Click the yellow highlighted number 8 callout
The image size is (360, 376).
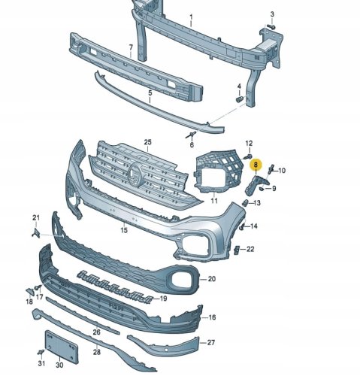click(x=256, y=165)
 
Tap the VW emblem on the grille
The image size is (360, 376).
click(x=135, y=174)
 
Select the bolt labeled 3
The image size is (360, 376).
click(x=271, y=26)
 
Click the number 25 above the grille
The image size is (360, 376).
click(x=148, y=142)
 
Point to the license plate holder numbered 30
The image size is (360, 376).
click(x=62, y=347)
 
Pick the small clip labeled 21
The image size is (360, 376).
click(x=36, y=233)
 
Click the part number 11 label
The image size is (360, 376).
click(x=214, y=201)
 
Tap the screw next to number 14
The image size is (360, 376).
click(x=242, y=227)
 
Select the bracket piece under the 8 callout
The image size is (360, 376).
click(x=254, y=185)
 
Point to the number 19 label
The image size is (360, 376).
click(x=163, y=299)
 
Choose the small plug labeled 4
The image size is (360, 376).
click(x=240, y=99)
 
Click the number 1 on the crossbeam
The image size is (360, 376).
click(x=191, y=17)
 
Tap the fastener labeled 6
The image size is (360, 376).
click(x=191, y=135)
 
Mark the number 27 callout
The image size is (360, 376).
click(x=211, y=342)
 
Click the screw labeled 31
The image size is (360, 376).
click(x=41, y=352)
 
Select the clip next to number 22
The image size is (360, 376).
click(x=237, y=250)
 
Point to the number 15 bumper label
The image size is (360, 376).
click(x=124, y=230)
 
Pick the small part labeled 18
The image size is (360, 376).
click(x=30, y=292)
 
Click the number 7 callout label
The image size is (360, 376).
click(x=131, y=47)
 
